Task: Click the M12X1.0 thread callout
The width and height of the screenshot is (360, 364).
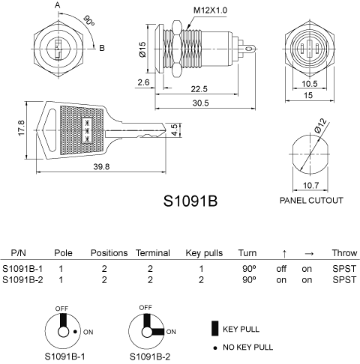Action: [x=210, y=10]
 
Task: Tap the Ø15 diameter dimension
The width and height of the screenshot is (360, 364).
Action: [x=142, y=49]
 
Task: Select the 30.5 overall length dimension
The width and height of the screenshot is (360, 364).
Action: [x=200, y=103]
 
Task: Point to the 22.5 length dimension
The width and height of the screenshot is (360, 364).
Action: [x=199, y=89]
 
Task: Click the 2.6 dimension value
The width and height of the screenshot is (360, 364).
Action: [x=143, y=82]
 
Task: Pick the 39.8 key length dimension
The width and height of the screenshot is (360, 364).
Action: [x=101, y=166]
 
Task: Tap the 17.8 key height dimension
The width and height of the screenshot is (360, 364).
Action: [x=21, y=128]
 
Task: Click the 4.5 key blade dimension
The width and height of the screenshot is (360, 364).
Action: [x=175, y=130]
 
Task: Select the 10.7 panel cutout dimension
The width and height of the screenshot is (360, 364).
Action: [x=311, y=185]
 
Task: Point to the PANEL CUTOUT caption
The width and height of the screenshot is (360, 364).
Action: [x=311, y=200]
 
